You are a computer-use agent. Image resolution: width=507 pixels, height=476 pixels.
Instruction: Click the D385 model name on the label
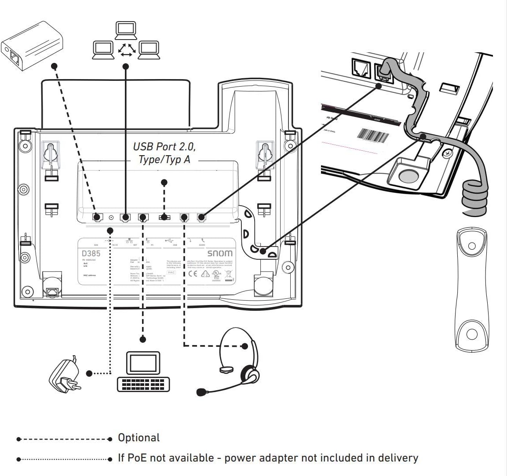pos(91,254)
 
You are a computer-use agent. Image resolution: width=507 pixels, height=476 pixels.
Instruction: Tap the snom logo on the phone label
pos(220,254)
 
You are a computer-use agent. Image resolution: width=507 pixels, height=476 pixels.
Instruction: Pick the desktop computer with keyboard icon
pos(143,371)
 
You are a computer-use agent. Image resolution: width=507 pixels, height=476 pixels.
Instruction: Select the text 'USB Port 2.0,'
pos(164,147)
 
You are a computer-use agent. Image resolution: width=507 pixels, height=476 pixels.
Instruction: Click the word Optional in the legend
pos(139,438)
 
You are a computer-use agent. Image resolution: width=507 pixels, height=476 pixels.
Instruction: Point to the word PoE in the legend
pos(137,458)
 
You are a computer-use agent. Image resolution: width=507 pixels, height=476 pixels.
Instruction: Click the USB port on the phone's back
pos(164,217)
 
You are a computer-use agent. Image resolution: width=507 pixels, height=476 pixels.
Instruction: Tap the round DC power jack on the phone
pos(111,217)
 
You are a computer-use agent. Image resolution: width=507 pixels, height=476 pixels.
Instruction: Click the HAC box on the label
pos(171,273)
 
